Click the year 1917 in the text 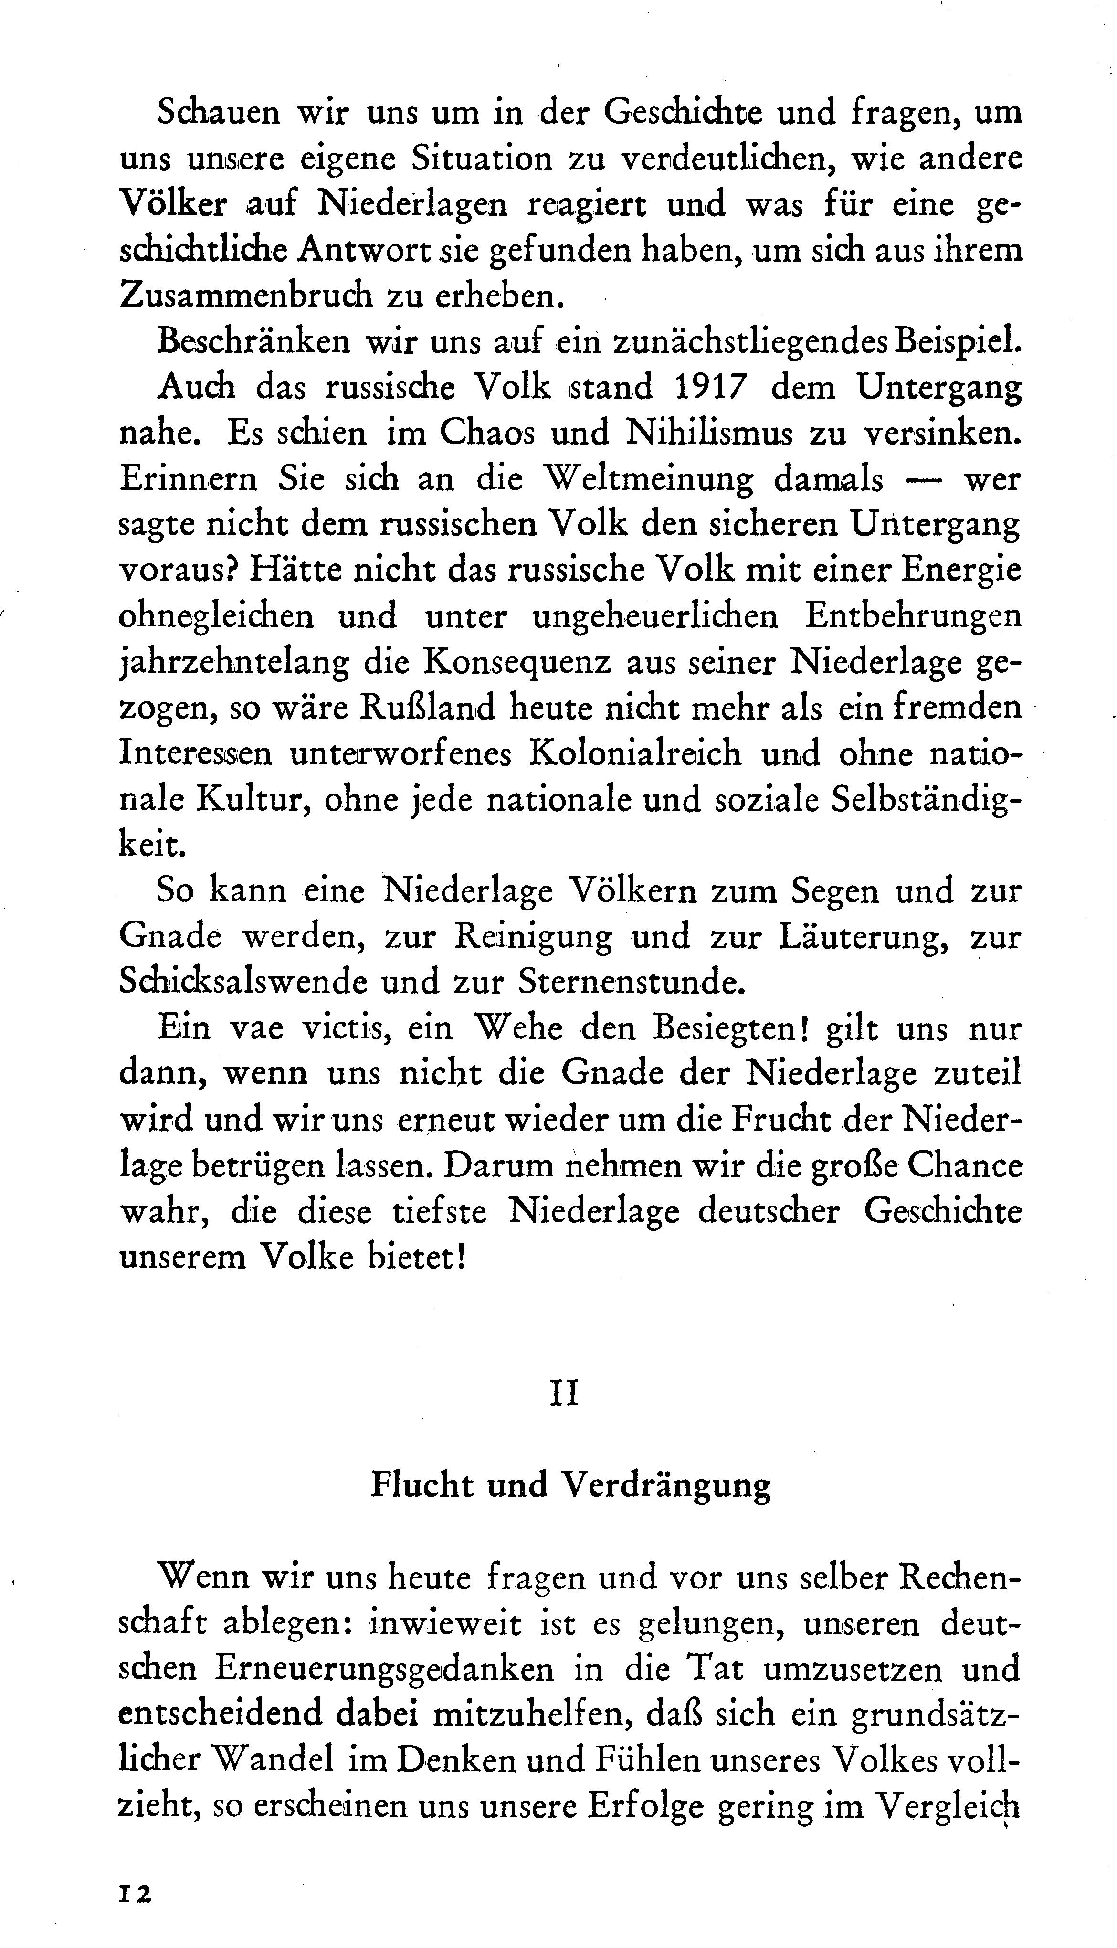[x=711, y=388]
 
